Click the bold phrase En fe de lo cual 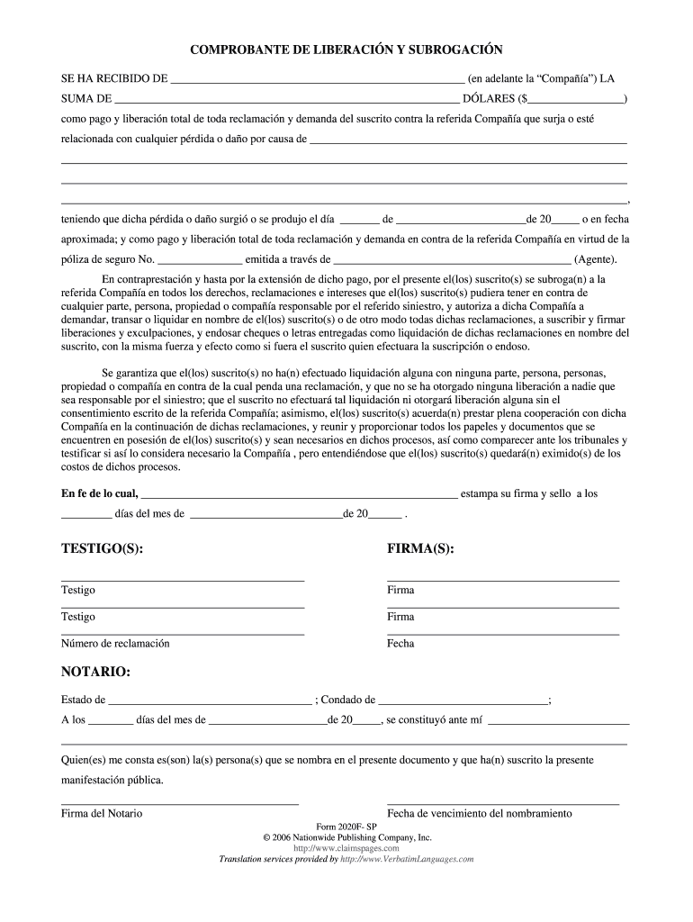[99, 493]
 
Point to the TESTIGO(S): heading [102, 548]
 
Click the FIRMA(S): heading [420, 548]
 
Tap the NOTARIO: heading [95, 672]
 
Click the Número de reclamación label [115, 644]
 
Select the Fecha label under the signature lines [400, 644]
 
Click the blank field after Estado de [210, 700]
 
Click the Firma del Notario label [102, 813]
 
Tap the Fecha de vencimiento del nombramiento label [480, 813]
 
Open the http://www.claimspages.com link [346, 848]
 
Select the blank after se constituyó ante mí [558, 720]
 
